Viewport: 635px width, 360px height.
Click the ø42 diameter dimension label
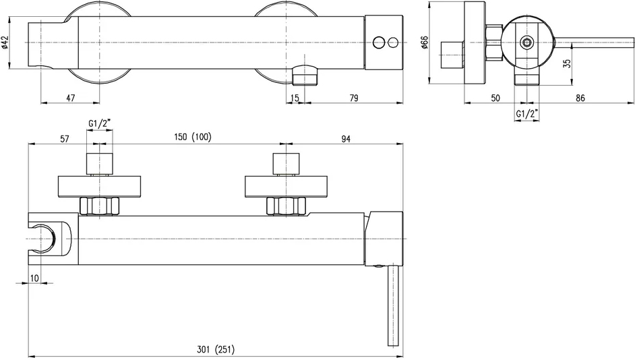[5, 42]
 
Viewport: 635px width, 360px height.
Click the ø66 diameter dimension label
[425, 42]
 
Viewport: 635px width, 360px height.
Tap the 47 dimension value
[71, 98]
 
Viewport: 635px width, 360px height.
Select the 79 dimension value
[353, 98]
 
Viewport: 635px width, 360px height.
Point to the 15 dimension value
[295, 98]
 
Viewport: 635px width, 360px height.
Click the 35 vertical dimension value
[567, 63]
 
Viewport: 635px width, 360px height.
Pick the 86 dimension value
[580, 98]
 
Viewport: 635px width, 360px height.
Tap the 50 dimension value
[495, 98]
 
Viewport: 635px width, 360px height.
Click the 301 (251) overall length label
[216, 349]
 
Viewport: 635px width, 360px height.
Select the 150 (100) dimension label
[193, 138]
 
